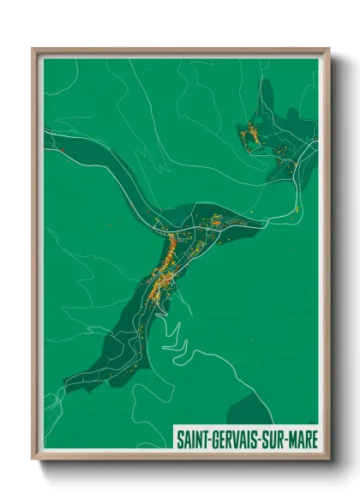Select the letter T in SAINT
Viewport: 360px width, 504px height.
tap(203, 437)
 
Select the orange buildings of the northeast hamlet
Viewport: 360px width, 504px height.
tap(250, 135)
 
